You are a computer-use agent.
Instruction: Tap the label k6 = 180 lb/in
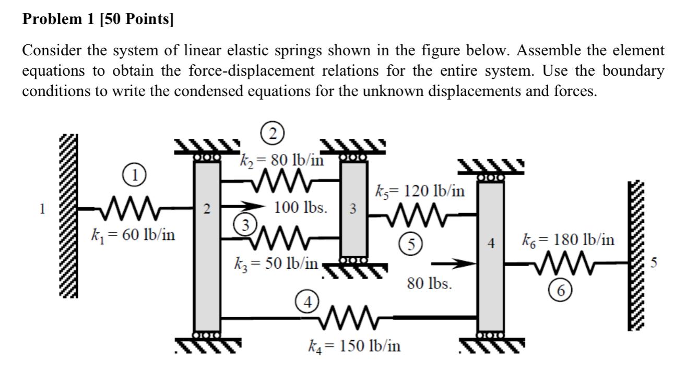568,241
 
